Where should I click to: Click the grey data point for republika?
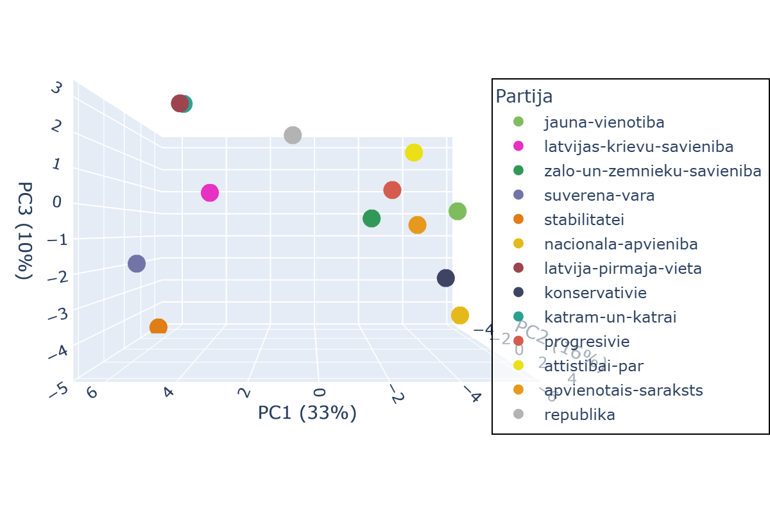tap(293, 135)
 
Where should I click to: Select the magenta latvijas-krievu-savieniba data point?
tap(210, 193)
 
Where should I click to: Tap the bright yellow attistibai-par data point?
tap(414, 153)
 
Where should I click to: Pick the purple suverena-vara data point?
tap(137, 264)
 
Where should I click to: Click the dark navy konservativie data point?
tap(446, 278)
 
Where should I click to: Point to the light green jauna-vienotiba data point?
tap(458, 211)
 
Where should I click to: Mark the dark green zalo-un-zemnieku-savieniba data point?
tap(372, 219)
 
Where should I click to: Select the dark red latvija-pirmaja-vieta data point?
tap(179, 103)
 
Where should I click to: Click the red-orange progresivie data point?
tap(392, 190)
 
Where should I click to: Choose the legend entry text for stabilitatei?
tap(584, 220)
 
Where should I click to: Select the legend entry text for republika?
tap(579, 415)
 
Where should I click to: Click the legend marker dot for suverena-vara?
tap(518, 195)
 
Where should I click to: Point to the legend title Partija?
tap(524, 96)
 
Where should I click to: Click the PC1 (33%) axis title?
tap(307, 413)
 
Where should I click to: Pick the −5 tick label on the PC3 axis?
tap(60, 389)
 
